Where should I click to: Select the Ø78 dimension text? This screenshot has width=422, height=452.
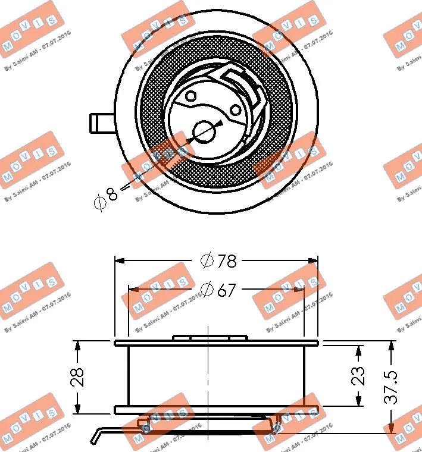218,260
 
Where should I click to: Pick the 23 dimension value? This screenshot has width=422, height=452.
358,376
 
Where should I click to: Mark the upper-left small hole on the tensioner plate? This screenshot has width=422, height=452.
190,96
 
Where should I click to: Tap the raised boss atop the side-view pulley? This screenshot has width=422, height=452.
210,338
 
